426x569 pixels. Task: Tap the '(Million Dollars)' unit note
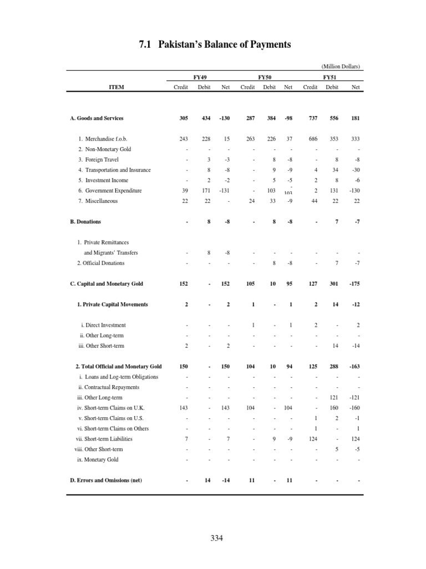pos(337,67)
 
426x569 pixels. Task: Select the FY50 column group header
pos(264,77)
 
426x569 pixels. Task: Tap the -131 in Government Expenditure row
pos(225,191)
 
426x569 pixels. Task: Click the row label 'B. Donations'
pos(85,222)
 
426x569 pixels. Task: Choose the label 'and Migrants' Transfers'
pos(111,253)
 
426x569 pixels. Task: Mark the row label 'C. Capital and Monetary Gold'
pos(106,284)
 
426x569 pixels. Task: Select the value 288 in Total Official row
pos(333,367)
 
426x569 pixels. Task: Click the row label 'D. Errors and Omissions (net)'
pos(106,481)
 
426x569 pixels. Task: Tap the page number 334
pos(217,538)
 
